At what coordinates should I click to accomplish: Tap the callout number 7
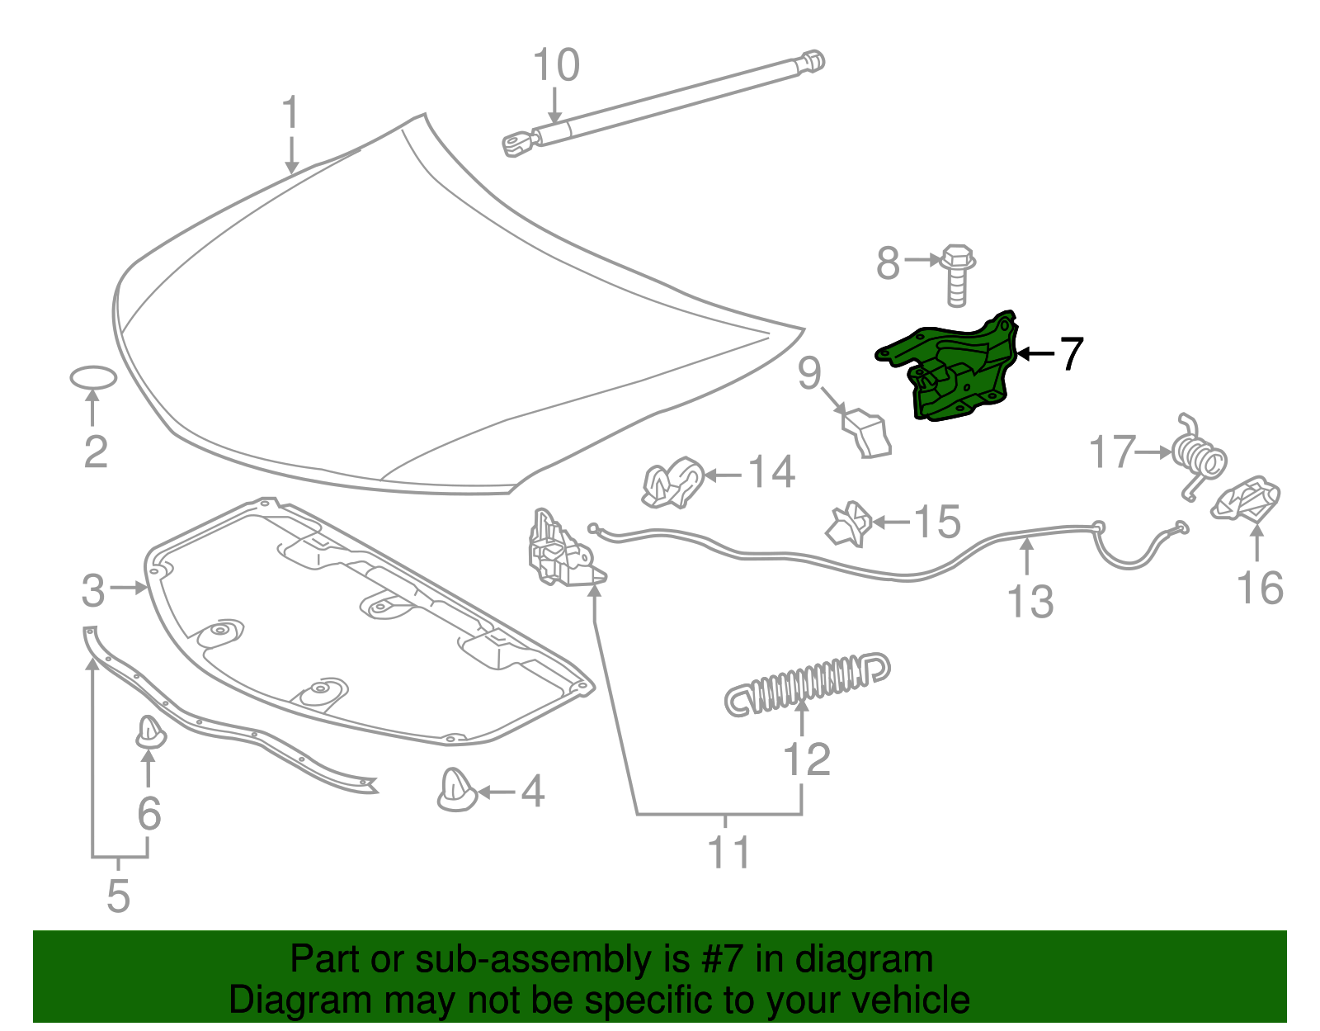[x=1070, y=354]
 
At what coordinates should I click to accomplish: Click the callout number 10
[x=556, y=65]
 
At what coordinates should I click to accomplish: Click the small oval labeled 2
[x=92, y=377]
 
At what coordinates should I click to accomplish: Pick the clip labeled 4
[x=456, y=790]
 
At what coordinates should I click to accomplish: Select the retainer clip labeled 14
[x=672, y=484]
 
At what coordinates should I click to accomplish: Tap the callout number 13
[x=1030, y=602]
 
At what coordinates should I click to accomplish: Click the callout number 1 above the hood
[x=290, y=113]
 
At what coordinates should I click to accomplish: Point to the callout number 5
[x=118, y=896]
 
